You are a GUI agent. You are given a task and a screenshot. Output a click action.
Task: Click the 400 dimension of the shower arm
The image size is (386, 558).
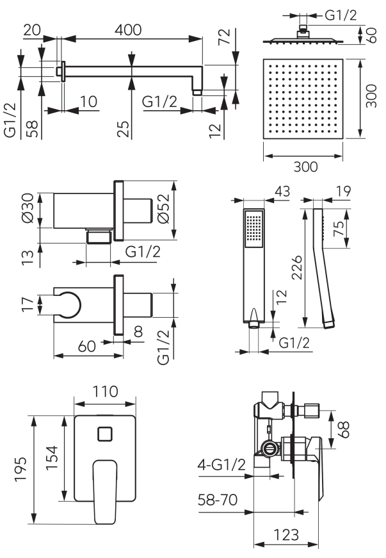128,30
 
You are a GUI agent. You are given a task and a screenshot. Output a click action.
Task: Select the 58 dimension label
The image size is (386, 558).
31,128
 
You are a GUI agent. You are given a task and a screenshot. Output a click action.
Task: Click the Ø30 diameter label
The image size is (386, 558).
28,209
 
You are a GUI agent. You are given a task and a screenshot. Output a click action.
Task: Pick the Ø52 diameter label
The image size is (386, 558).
163,208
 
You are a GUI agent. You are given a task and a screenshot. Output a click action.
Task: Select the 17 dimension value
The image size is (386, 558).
27,304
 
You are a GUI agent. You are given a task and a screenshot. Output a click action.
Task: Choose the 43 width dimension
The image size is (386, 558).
281,191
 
